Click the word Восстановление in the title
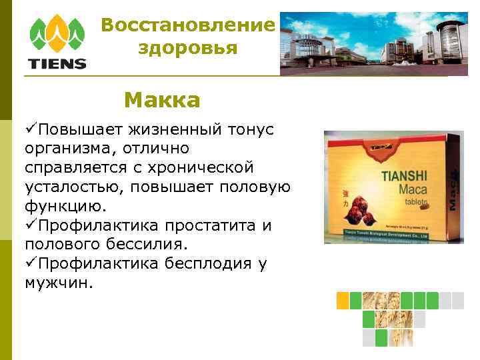[x=188, y=26]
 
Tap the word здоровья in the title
[x=188, y=48]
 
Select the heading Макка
[x=161, y=101]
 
